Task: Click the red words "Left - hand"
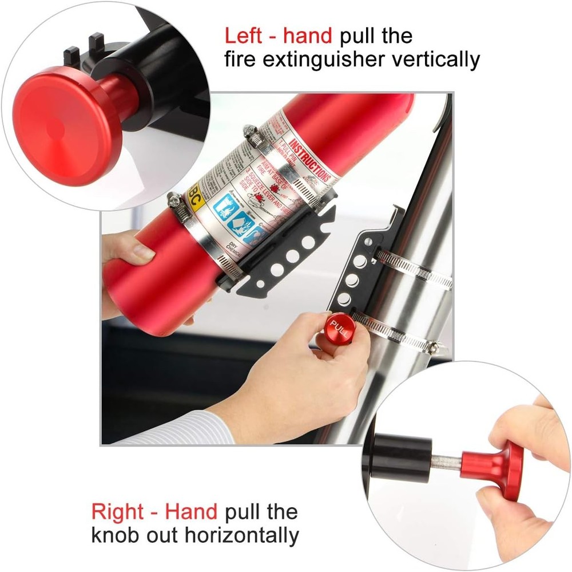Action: [x=277, y=35]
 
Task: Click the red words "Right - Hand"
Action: [x=154, y=511]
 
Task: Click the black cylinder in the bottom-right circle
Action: [x=403, y=457]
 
